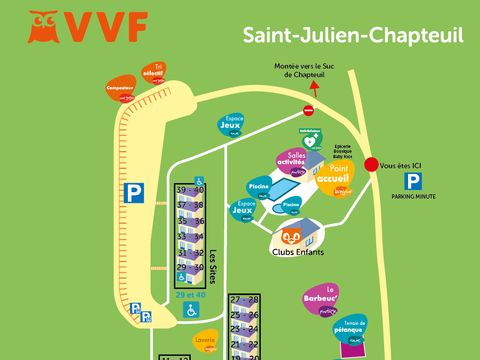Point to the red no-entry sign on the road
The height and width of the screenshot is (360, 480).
click(x=308, y=110)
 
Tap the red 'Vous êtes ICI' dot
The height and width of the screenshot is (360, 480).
click(x=371, y=165)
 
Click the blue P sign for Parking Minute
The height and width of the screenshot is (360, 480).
click(x=412, y=181)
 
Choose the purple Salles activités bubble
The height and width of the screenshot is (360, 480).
click(x=296, y=162)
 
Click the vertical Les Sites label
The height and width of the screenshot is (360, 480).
click(x=212, y=267)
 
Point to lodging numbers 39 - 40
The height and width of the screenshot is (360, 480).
click(x=190, y=190)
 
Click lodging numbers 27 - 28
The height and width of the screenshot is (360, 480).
click(x=244, y=300)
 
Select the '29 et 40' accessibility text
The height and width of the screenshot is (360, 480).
click(x=190, y=295)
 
